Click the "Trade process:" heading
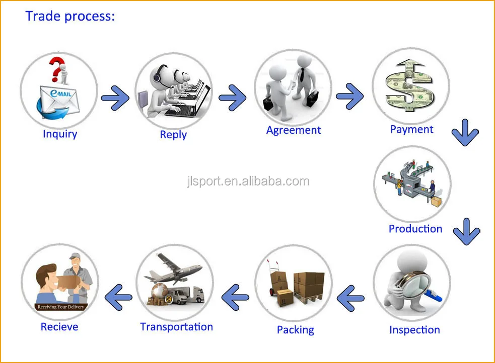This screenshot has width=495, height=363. (x=70, y=16)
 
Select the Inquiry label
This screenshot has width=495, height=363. (x=60, y=134)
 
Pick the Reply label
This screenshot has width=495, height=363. (x=173, y=135)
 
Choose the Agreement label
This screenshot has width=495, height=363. (x=294, y=130)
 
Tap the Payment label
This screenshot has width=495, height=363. (x=411, y=129)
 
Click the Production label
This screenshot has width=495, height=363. (x=415, y=229)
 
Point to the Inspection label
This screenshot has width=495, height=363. (x=414, y=330)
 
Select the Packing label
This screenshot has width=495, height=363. (x=295, y=330)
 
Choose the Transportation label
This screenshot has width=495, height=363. (x=176, y=327)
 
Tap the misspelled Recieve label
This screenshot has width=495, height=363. (x=59, y=327)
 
